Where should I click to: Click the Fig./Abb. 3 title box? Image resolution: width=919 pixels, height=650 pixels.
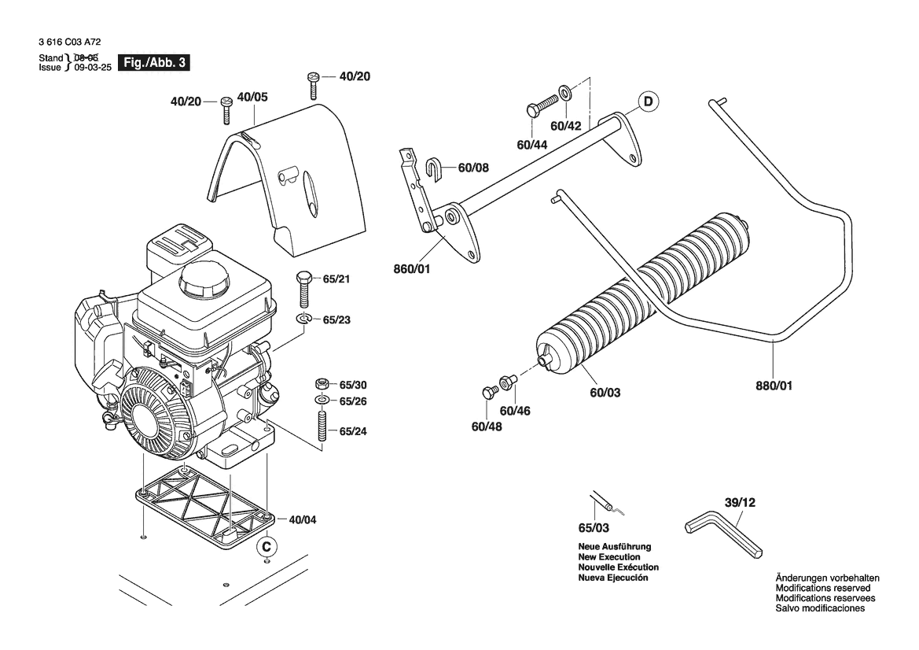tap(155, 62)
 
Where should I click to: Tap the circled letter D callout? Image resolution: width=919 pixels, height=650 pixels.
tap(649, 102)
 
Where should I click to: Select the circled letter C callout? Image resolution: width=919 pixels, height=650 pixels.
tap(267, 547)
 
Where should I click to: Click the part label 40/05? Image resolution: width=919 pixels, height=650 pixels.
tap(252, 97)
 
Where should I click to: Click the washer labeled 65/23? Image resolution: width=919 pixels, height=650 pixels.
tap(303, 319)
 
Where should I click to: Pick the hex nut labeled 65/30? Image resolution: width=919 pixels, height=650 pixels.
tap(322, 384)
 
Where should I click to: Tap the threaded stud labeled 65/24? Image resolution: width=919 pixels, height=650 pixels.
tap(322, 427)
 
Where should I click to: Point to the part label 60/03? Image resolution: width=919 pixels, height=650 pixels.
tap(605, 392)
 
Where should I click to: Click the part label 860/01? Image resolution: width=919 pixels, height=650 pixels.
tap(411, 269)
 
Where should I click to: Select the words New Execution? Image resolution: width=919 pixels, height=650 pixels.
tap(609, 556)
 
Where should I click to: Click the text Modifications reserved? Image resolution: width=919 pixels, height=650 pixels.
tap(823, 588)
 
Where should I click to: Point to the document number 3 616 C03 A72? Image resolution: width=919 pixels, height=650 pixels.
tap(70, 42)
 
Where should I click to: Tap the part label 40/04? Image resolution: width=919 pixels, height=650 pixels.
tap(303, 519)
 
